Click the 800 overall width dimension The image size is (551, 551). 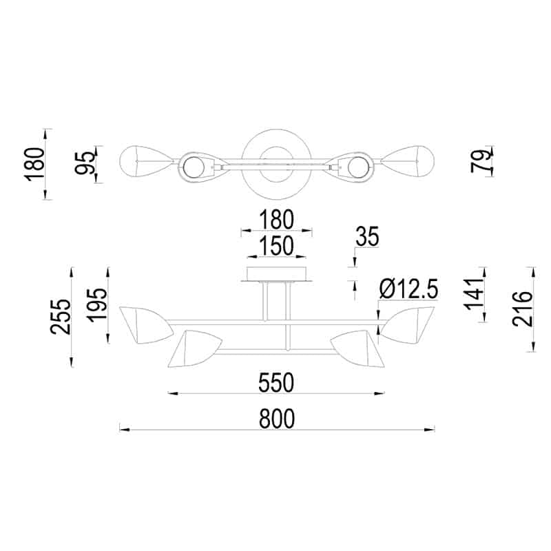(276, 418)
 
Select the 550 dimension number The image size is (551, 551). (276, 382)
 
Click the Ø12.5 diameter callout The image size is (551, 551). (408, 289)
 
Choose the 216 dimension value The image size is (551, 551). (523, 309)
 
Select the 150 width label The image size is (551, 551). (276, 245)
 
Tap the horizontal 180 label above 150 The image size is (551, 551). (276, 220)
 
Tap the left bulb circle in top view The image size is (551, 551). (194, 167)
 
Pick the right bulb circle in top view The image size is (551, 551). (358, 167)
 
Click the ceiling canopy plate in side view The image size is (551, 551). (276, 275)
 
